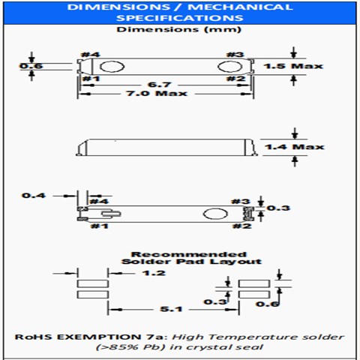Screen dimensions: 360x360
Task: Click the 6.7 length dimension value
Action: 160,85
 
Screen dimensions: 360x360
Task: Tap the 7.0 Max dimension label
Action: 157,94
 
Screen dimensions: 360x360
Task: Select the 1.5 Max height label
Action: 293,66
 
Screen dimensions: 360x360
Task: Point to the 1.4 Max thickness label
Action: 295,147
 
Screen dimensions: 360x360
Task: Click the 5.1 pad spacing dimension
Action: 171,309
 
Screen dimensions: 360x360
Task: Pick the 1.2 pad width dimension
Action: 154,273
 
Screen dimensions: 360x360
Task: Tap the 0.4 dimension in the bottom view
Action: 34,195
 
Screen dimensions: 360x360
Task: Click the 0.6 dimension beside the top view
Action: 31,66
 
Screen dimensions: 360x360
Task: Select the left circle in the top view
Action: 112,67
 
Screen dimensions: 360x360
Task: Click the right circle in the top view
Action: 230,67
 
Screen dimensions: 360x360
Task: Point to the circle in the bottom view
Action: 215,214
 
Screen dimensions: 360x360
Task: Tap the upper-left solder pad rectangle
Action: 93,283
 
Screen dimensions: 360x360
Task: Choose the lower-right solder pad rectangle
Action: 254,295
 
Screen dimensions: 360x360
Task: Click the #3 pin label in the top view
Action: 235,55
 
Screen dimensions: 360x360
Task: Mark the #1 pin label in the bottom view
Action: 100,226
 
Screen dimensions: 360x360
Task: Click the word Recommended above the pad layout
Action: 189,254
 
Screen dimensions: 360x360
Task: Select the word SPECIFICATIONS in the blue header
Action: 180,18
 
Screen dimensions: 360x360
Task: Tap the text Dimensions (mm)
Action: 178,29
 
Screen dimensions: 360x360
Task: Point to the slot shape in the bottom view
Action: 111,214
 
